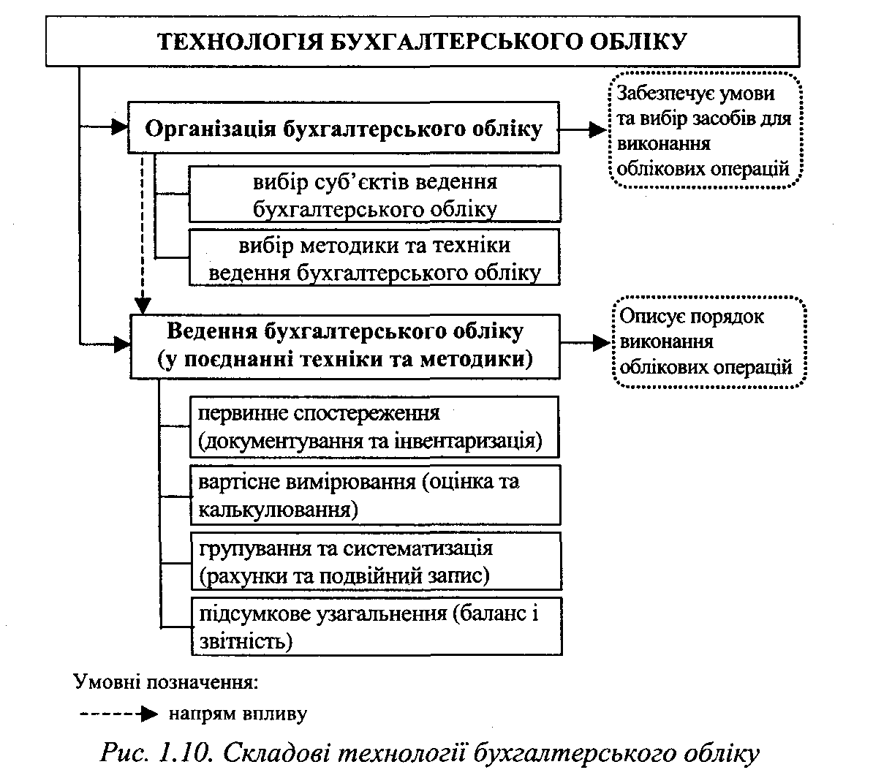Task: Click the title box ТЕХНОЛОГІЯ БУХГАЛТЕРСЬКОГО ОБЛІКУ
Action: [423, 41]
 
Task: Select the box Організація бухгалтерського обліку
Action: [344, 128]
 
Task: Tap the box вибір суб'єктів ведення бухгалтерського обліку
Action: [375, 194]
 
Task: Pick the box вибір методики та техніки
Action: [375, 258]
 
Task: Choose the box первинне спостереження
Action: [375, 427]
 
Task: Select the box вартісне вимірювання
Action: [375, 495]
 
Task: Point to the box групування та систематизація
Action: [375, 562]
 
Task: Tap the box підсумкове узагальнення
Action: [375, 627]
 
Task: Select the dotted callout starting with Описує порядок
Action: [706, 341]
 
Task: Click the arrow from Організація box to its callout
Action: [583, 129]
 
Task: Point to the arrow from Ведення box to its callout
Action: [583, 342]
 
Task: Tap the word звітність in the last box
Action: [244, 641]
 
